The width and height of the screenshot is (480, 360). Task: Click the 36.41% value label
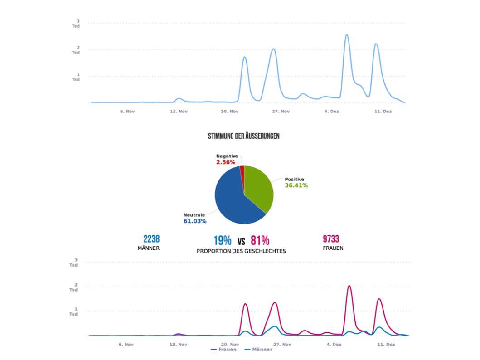[x=296, y=185]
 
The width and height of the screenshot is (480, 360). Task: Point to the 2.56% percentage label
[x=226, y=162]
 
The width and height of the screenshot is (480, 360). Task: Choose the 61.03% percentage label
[x=195, y=221]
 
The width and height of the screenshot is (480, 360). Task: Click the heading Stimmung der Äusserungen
[x=243, y=136]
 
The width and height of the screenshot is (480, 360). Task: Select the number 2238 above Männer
[x=151, y=239]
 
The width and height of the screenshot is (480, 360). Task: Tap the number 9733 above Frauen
[x=331, y=239]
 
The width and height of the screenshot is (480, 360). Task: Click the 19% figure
[x=223, y=240]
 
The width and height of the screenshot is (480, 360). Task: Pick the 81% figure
[x=260, y=240]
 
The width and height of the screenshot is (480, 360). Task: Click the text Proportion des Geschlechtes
[x=241, y=251]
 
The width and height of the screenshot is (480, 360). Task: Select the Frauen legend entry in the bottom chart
[x=224, y=350]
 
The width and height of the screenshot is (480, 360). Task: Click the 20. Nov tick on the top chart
[x=229, y=111]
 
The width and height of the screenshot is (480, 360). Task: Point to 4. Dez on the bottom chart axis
[x=334, y=344]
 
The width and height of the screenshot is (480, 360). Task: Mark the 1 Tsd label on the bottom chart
[x=73, y=311]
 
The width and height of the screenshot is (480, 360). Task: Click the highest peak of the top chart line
[x=347, y=35]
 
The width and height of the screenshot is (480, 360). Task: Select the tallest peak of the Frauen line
[x=349, y=286]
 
